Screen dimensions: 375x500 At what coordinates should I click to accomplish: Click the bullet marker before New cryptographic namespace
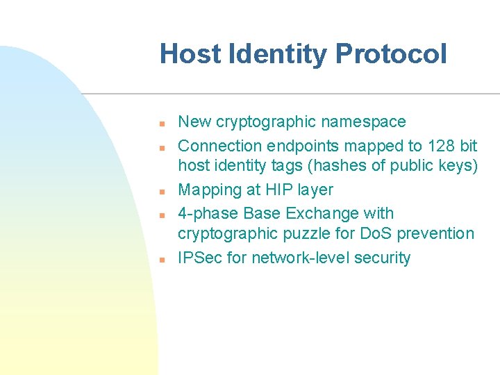point(160,124)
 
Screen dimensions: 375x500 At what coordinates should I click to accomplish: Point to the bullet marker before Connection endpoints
point(160,148)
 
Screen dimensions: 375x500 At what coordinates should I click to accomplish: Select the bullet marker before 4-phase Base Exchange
point(160,215)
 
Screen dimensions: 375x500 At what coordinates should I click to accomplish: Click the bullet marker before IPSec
point(160,260)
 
